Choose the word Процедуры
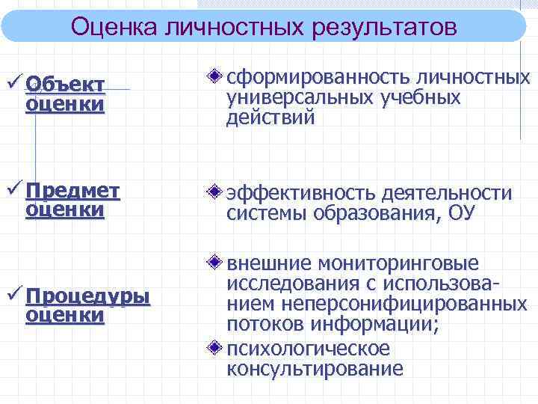(87, 297)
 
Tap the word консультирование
(315, 368)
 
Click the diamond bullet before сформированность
(214, 77)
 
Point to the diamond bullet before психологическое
(214, 348)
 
